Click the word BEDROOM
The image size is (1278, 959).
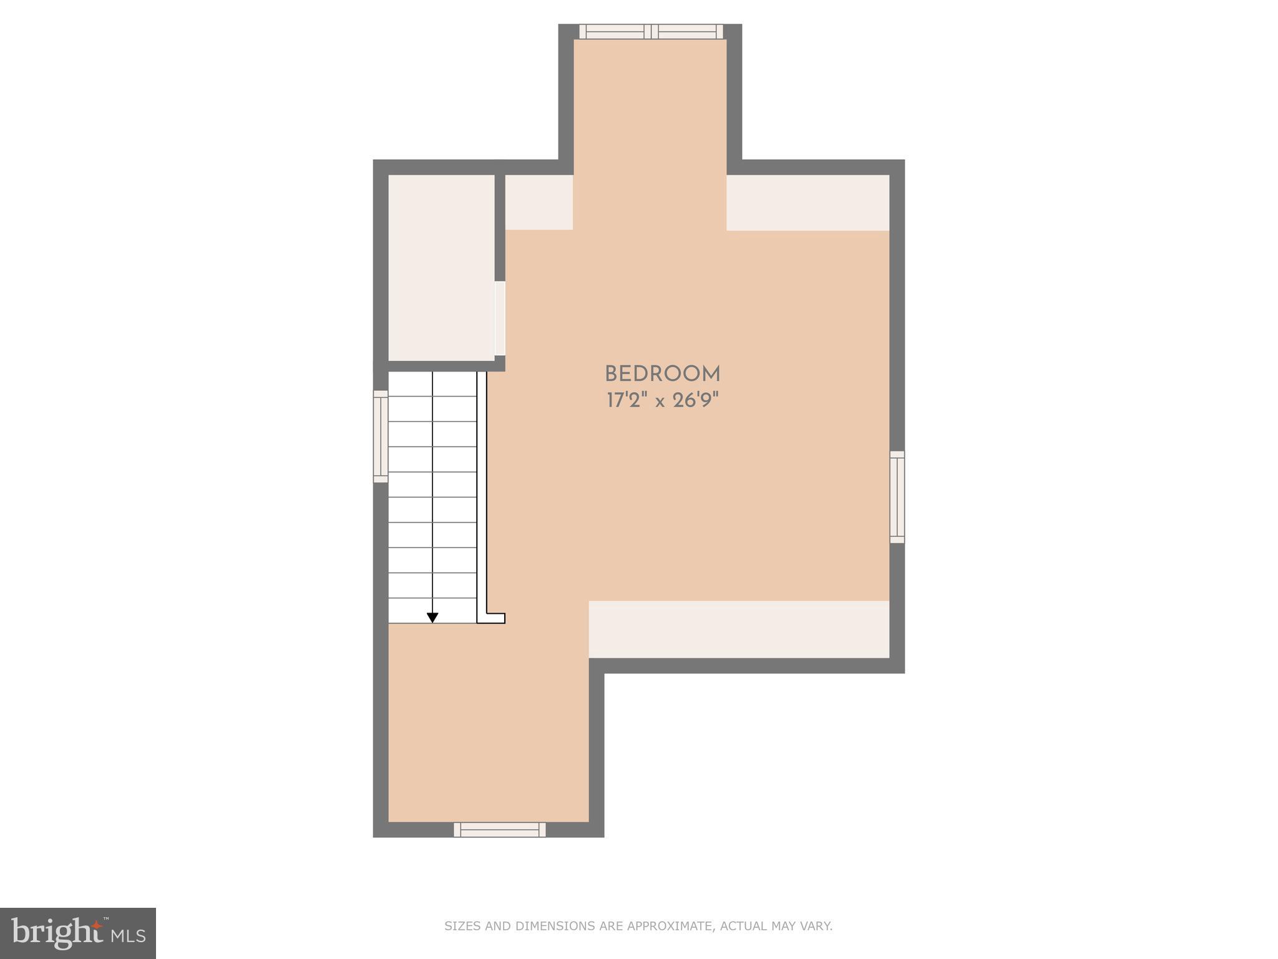[662, 374]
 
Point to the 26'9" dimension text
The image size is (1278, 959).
[695, 400]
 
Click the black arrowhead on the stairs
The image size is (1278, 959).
[432, 617]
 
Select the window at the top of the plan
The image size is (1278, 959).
[651, 32]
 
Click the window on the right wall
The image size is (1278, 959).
[897, 497]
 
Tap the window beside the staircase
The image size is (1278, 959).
[381, 436]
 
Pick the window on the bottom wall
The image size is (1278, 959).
[499, 829]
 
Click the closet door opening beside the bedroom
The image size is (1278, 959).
[500, 319]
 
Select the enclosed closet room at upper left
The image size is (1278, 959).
[441, 267]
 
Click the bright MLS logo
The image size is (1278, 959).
[78, 933]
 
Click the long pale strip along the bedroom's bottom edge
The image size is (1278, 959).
[739, 629]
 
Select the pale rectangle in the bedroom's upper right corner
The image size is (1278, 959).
[807, 203]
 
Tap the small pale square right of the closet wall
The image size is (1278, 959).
[539, 202]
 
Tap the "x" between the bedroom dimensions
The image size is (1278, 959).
[660, 401]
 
